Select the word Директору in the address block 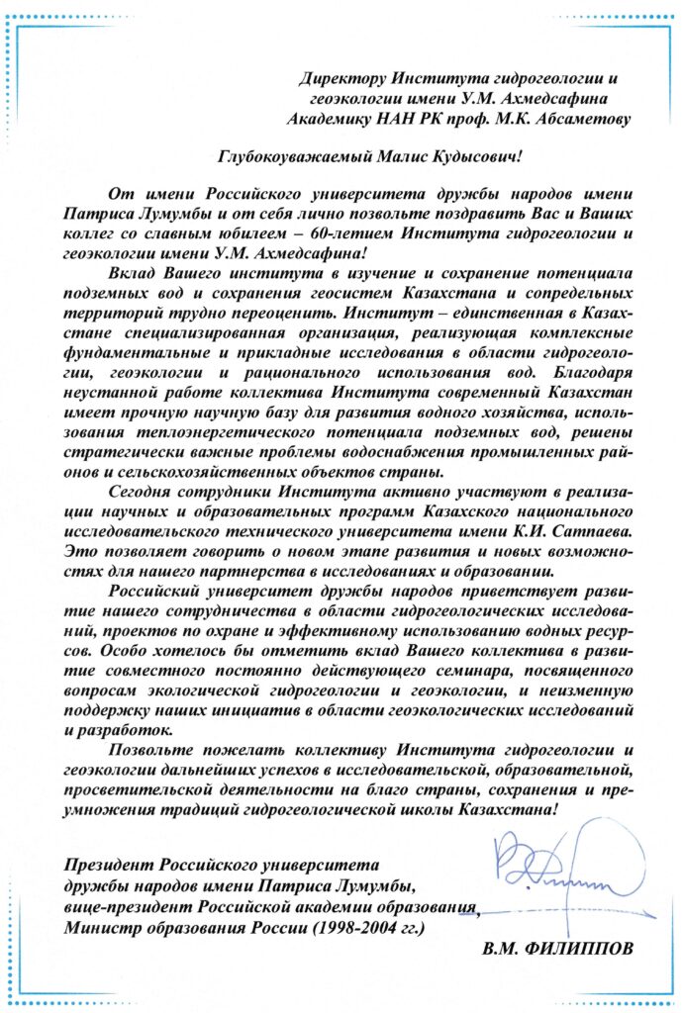[x=342, y=78]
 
